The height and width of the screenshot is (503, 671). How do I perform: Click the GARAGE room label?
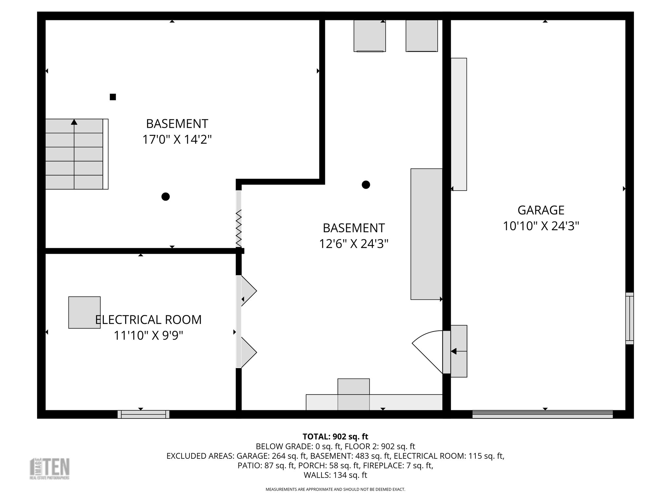tap(541, 210)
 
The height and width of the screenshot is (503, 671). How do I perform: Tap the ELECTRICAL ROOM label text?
tap(148, 320)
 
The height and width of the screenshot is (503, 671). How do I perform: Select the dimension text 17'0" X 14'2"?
tap(177, 140)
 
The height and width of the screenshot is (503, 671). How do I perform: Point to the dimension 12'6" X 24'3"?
tap(354, 244)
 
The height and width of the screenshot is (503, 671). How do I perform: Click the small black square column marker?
tap(113, 97)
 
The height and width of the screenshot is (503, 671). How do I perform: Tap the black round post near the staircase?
tap(165, 197)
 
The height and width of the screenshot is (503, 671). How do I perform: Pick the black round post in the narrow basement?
tap(366, 185)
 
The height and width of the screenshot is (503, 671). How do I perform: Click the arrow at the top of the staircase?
tap(74, 122)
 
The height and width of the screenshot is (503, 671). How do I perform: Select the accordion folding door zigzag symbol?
tap(239, 228)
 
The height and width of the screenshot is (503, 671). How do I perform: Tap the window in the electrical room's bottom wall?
tap(144, 415)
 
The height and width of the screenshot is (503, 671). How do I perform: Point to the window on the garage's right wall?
tap(629, 318)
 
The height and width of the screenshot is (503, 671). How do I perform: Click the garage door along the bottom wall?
tap(542, 415)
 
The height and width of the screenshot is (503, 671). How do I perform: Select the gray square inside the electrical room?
tap(84, 312)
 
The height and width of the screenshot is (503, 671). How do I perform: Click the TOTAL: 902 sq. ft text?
tap(335, 437)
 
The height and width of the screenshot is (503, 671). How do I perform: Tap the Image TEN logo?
tap(50, 469)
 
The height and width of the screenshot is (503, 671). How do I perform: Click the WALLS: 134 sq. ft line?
tap(335, 475)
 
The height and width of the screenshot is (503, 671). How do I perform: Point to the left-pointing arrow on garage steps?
tap(454, 351)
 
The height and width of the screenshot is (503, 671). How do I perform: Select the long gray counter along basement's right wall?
tap(426, 234)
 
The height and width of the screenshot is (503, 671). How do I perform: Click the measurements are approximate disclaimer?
tap(335, 490)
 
